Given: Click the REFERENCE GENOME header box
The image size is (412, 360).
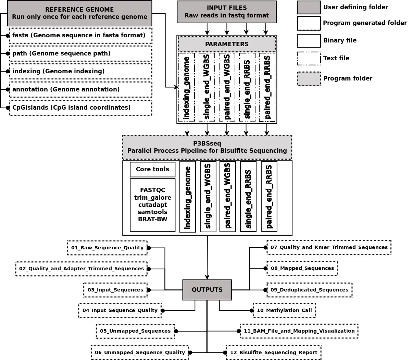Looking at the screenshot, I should tap(79, 13).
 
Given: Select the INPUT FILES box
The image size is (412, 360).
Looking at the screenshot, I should tap(226, 12).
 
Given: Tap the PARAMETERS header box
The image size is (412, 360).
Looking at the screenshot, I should tap(227, 44).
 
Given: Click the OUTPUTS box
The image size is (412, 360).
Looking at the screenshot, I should tap(207, 290).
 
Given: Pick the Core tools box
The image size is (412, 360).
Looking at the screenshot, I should tap(152, 169).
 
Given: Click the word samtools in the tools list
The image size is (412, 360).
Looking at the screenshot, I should tap(152, 212).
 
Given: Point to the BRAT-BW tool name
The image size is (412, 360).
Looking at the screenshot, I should tap(152, 219).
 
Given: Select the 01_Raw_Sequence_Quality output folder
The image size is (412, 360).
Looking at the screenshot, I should tap(107, 248).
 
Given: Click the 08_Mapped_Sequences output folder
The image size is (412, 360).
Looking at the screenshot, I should tap(302, 268).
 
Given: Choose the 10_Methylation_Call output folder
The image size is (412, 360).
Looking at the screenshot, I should tap(284, 310).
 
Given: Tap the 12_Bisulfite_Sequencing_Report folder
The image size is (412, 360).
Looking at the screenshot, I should tap(274, 352).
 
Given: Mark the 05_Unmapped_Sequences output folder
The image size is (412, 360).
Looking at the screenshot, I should tap(135, 331).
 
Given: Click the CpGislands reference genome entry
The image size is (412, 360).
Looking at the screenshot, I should tap(80, 108).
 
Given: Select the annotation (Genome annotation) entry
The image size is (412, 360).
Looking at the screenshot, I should tap(80, 89).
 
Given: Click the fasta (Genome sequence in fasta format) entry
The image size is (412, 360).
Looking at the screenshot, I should tap(80, 35).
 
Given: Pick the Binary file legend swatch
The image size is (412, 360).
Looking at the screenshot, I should tap(309, 41).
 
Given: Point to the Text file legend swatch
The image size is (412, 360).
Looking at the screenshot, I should tap(309, 59).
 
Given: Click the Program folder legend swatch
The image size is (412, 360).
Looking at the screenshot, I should tap(309, 79).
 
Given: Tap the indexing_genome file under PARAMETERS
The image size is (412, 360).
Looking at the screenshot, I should tap(186, 87).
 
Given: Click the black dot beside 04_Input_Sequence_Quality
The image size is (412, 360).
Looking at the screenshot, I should tap(163, 311).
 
